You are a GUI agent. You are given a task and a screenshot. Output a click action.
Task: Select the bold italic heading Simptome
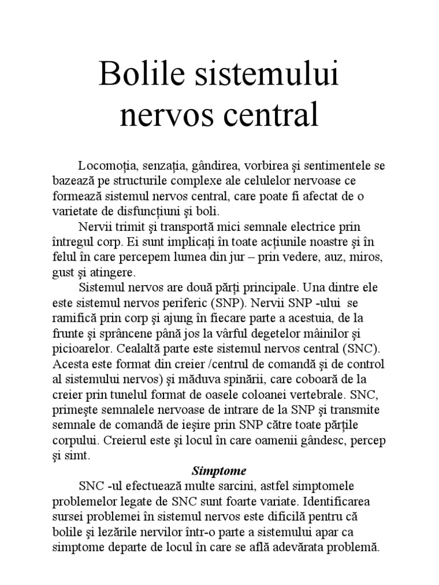219,472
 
